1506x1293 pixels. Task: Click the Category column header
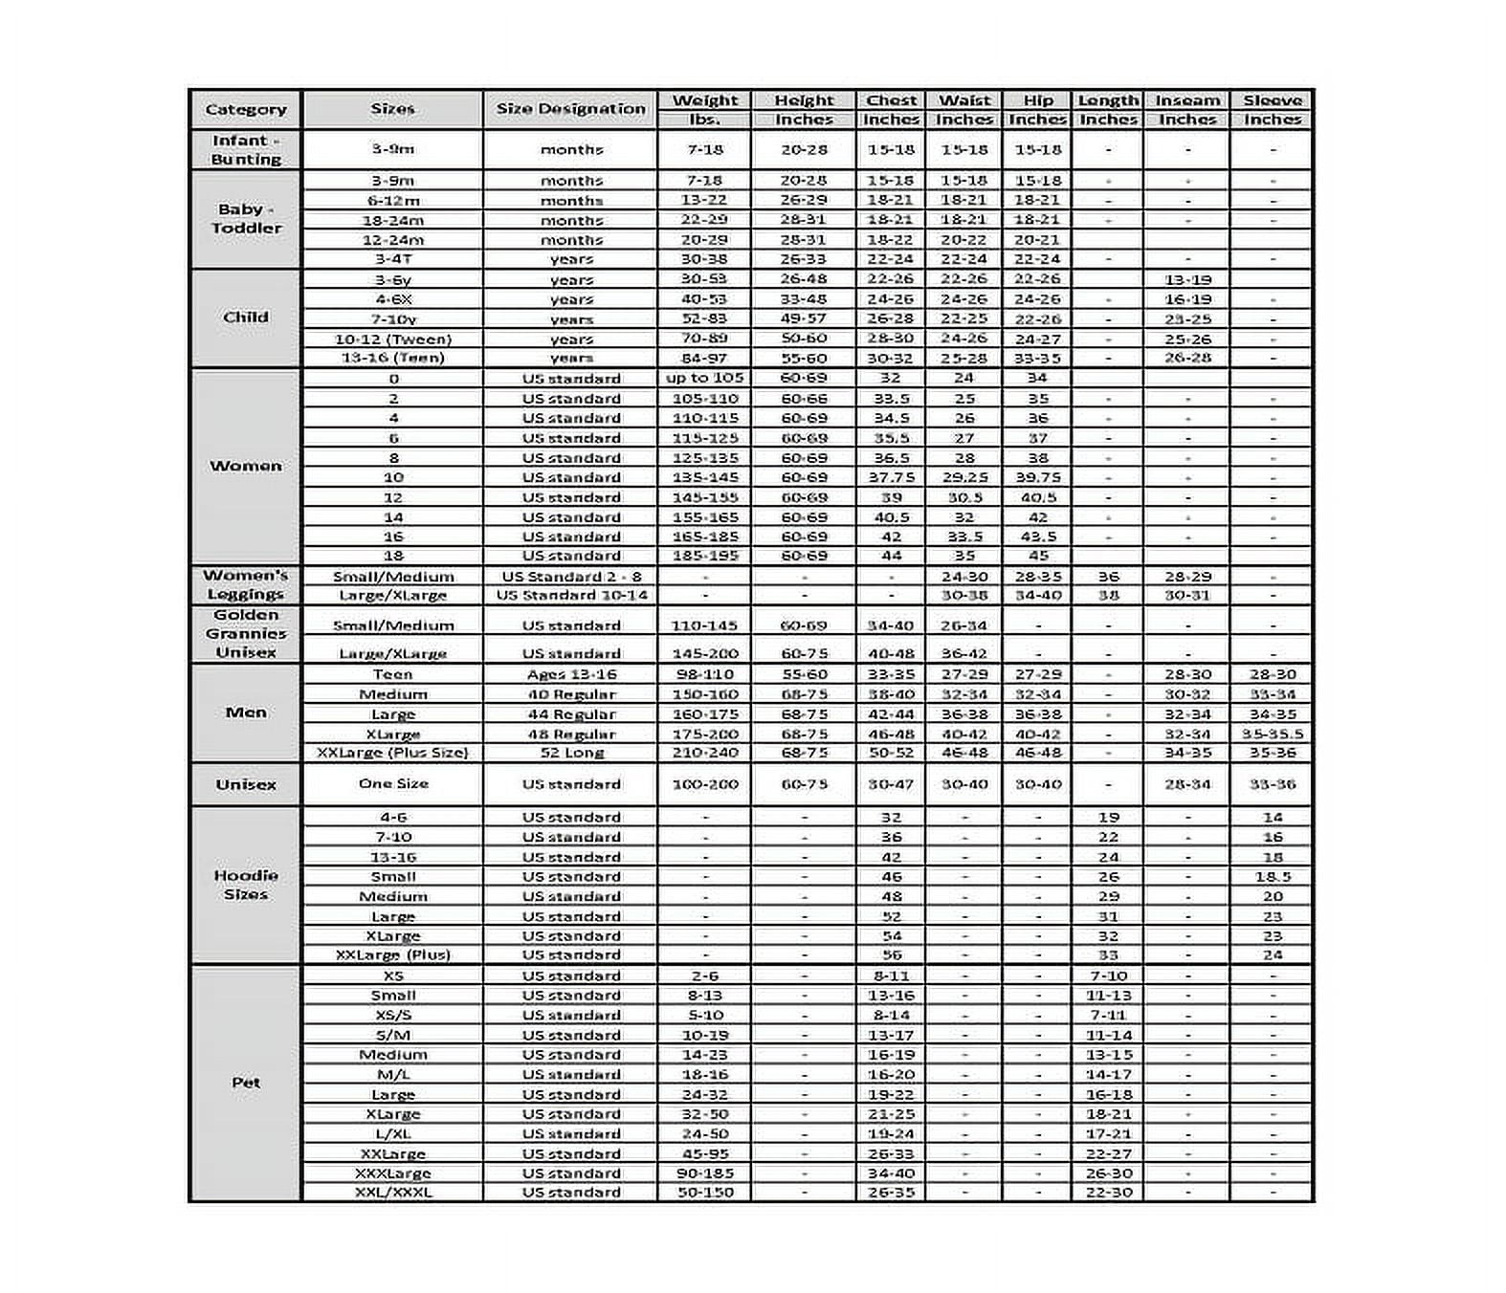[246, 110]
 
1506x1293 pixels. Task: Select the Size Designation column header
[570, 110]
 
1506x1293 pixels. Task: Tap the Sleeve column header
[1272, 100]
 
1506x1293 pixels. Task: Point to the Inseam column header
[1187, 100]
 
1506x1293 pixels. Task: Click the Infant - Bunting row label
[246, 150]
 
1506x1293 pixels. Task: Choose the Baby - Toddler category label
[246, 219]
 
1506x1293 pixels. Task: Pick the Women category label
[246, 466]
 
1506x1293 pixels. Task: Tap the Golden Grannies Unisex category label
[246, 633]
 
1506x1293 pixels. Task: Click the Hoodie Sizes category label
[246, 885]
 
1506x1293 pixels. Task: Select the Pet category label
[246, 1083]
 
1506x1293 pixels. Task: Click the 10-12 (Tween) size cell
[393, 339]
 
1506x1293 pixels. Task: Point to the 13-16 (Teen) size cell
[393, 358]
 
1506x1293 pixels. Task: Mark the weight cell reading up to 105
[704, 378]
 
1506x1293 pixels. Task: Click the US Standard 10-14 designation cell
[571, 595]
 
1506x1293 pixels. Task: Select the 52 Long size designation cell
[571, 753]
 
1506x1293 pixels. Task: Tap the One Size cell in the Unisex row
[393, 784]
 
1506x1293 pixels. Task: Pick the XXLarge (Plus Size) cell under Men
[393, 753]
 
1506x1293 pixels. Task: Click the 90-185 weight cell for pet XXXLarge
[704, 1173]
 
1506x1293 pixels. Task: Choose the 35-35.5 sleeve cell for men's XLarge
[1272, 734]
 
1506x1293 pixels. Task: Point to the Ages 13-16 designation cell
[571, 674]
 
